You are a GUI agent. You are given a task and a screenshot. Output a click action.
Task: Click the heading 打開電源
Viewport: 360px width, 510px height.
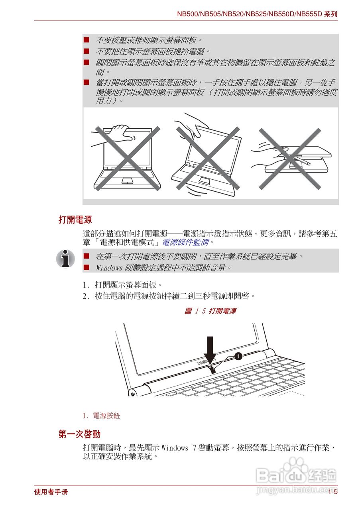click(75, 220)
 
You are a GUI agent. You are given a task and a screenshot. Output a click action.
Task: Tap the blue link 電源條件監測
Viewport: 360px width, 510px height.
click(185, 242)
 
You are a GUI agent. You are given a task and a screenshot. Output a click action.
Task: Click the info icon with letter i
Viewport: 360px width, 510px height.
click(65, 259)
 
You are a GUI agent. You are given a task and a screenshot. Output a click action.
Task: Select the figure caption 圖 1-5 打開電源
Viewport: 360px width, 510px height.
click(210, 311)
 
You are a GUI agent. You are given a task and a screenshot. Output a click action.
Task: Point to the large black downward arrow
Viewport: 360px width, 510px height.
click(210, 349)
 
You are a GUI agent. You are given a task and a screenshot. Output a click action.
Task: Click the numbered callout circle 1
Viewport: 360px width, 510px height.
click(238, 356)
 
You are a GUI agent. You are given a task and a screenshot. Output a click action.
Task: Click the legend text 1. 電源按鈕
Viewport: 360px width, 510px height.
click(101, 416)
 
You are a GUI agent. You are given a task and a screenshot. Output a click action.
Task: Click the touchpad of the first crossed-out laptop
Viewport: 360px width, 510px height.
click(127, 180)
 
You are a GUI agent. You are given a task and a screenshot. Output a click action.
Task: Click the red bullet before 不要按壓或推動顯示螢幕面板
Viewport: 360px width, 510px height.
click(86, 40)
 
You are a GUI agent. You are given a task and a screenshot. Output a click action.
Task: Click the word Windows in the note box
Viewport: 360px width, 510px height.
click(109, 268)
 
